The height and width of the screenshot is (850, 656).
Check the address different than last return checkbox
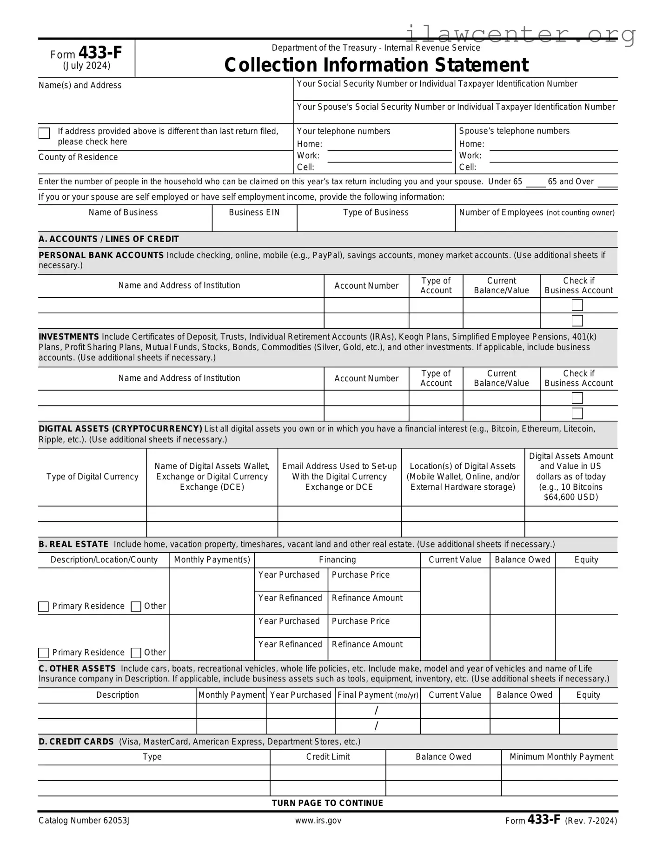tap(44, 134)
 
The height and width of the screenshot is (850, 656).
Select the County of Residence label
tap(78, 157)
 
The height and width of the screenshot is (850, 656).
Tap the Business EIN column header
tap(254, 213)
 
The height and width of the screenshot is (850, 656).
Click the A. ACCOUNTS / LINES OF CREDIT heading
tap(109, 239)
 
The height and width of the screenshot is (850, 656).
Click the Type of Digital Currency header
tap(93, 477)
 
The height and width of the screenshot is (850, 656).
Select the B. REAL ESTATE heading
tap(73, 545)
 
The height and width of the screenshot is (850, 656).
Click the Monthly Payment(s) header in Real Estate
tap(212, 560)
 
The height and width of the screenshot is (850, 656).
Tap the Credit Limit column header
tap(328, 757)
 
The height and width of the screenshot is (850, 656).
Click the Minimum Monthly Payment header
tap(561, 757)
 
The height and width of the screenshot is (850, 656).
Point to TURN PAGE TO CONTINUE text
tap(327, 803)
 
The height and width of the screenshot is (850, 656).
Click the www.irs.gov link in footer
tap(318, 821)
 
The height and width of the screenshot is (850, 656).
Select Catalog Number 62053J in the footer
tap(84, 821)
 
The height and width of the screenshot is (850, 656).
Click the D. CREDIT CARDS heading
tap(76, 742)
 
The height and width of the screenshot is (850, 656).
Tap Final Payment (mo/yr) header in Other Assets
tap(378, 695)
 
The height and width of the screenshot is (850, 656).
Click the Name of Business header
tap(123, 213)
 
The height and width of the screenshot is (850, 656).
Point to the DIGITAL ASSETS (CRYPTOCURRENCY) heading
tap(120, 429)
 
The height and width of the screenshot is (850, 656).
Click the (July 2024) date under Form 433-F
tap(87, 66)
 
